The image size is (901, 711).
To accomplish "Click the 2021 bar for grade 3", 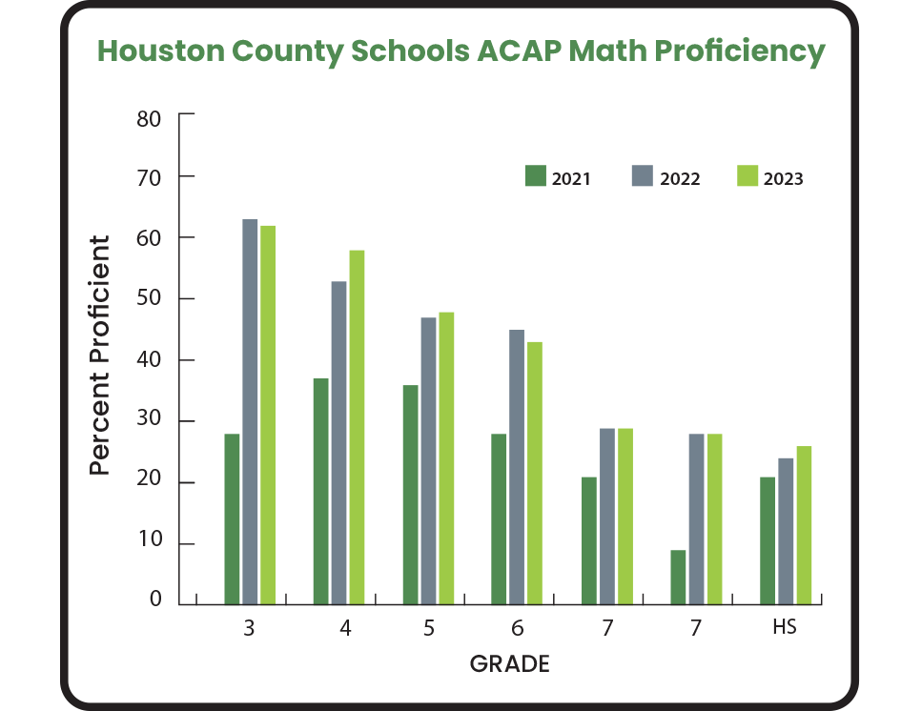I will tap(232, 519).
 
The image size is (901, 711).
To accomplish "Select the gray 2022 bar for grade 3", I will tap(250, 412).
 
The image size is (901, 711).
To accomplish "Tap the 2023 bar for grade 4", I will tap(357, 427).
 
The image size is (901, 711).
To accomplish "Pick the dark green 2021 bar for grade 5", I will tap(411, 495).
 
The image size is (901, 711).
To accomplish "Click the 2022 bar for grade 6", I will tap(517, 467).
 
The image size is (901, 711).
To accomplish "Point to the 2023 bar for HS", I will tap(804, 525).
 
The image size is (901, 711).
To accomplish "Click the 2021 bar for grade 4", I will tap(320, 492).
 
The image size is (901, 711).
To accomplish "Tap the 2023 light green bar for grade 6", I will tap(535, 473).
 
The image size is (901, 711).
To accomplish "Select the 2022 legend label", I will tap(679, 179).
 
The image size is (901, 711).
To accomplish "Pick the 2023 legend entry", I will tap(770, 178).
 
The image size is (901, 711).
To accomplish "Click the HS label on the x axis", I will tap(784, 629).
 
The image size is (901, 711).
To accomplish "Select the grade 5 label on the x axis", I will tap(429, 629).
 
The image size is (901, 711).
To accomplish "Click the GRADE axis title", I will tap(510, 664).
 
